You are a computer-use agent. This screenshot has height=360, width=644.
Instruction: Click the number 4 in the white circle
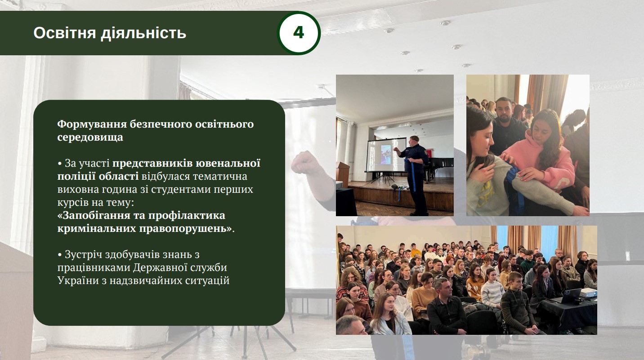(x=299, y=32)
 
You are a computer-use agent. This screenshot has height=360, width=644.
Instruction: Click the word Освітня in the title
(x=65, y=33)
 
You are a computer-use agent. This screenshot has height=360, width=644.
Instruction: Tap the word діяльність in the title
(x=143, y=33)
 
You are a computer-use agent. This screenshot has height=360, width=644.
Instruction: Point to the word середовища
(x=90, y=137)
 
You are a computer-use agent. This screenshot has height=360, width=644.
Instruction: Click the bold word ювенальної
(x=228, y=163)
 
